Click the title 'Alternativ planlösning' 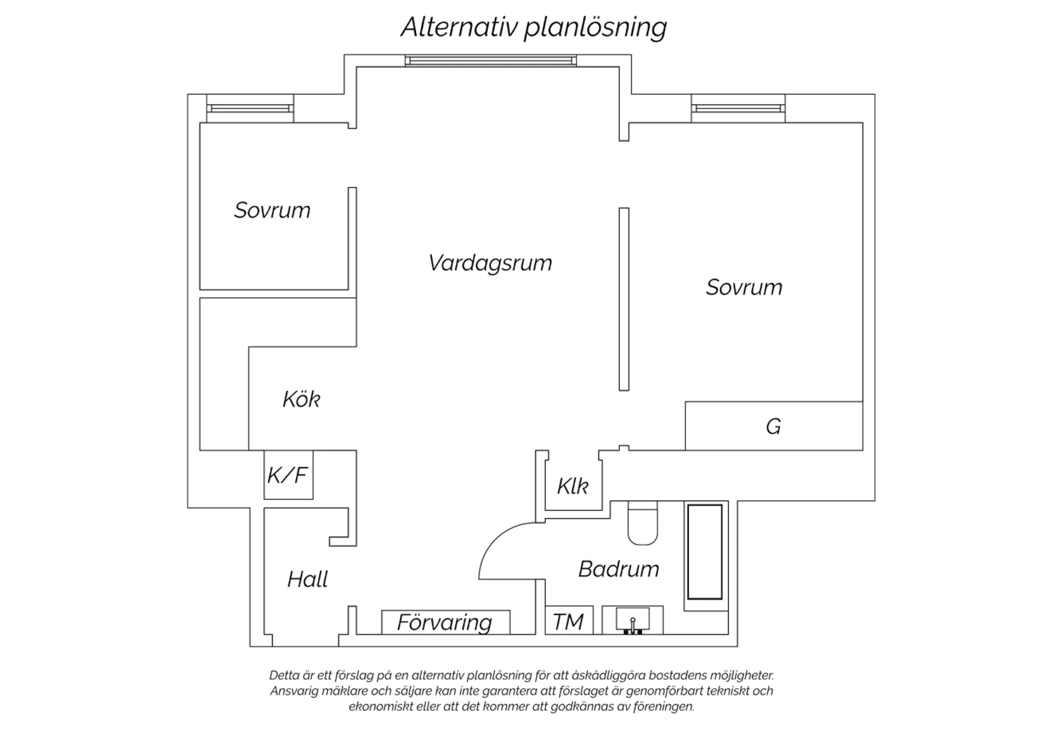pos(534,27)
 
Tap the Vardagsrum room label pos(490,262)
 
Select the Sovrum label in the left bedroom pos(272,210)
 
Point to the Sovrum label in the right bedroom pos(744,287)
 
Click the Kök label pos(302,399)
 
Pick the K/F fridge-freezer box pos(288,475)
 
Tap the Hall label pos(308,579)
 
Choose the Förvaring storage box pos(445,622)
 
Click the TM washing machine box pos(569,621)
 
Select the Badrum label pos(619,569)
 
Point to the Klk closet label pos(572,487)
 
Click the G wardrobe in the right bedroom pos(773,426)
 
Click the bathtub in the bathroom pos(705,552)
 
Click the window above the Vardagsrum pos(491,61)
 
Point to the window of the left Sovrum pos(250,108)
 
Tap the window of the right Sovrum pos(738,108)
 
